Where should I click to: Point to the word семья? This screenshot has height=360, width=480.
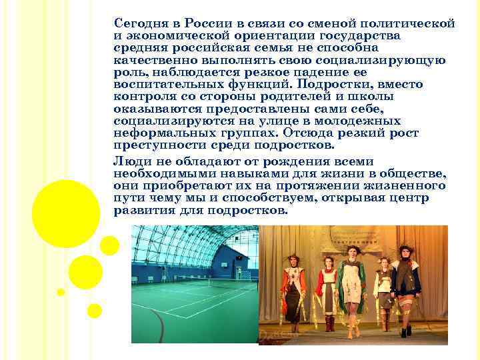pos(280,48)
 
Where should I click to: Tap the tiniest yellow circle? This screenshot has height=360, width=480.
pos(61,291)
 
